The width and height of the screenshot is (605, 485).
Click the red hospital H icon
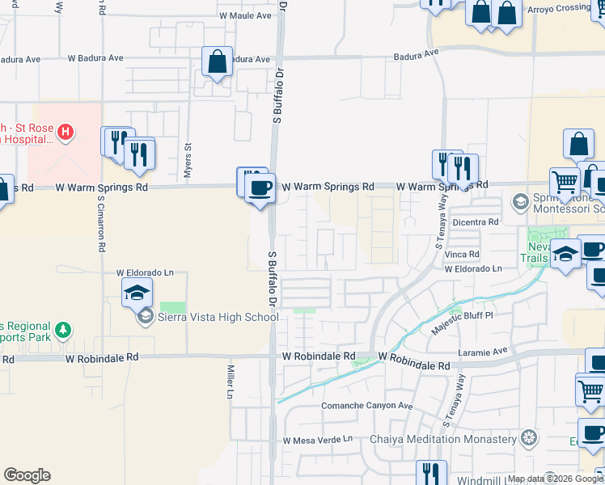66,130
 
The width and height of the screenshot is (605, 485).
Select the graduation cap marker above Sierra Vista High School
137,293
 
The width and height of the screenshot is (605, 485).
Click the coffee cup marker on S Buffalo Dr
259,188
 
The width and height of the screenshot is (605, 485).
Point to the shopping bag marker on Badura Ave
217,62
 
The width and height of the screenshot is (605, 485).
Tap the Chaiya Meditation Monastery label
442,439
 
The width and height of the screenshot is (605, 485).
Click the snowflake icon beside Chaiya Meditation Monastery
529,439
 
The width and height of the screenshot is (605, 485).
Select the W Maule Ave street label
245,15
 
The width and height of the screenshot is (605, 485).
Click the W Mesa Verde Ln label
319,440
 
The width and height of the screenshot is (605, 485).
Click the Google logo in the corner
27,475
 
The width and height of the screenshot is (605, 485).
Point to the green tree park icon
62,331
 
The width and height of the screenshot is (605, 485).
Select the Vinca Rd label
463,254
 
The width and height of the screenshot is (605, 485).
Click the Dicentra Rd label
476,221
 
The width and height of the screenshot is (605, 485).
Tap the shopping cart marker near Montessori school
565,183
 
